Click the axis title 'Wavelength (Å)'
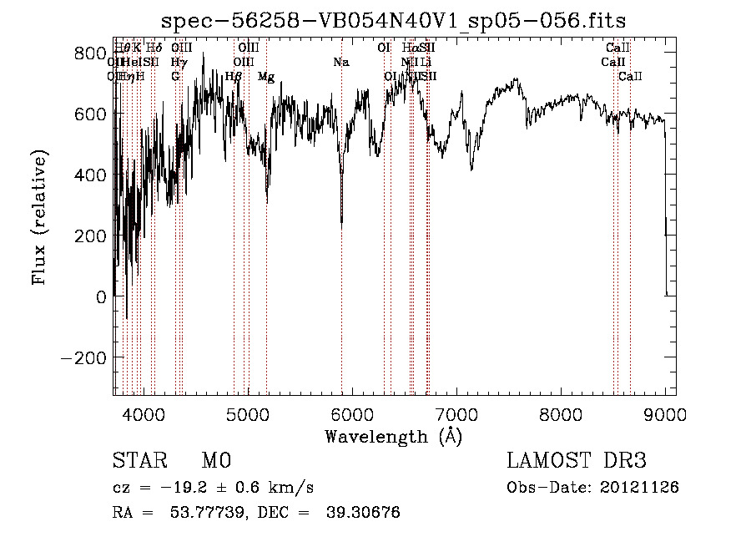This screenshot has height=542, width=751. point(393,436)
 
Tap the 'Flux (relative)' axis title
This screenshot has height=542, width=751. point(40,217)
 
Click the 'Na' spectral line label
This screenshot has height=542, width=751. point(340,63)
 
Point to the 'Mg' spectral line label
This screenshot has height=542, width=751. point(266,77)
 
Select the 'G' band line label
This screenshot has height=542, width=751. point(175,77)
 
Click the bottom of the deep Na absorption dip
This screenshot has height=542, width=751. point(341,223)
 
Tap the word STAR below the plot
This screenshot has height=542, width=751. point(139,461)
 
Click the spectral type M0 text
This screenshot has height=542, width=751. point(216,461)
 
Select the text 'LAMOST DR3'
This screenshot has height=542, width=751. point(577,461)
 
